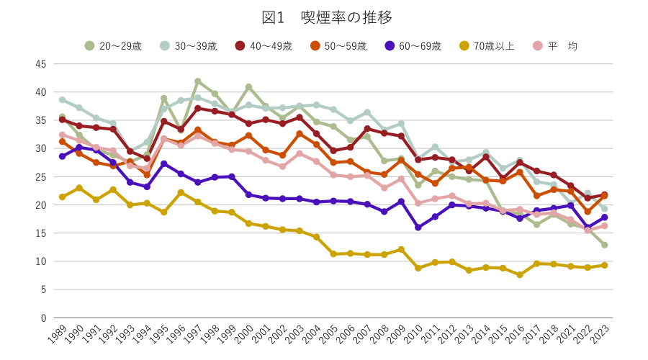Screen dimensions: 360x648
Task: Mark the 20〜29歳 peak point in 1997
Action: (197, 81)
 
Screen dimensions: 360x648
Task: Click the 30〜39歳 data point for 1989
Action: (62, 100)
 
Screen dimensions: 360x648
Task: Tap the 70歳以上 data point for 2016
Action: (520, 275)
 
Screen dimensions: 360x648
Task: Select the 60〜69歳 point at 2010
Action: (418, 228)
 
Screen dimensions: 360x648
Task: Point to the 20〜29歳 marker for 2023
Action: (605, 245)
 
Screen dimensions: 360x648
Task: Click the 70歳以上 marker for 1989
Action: (62, 197)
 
